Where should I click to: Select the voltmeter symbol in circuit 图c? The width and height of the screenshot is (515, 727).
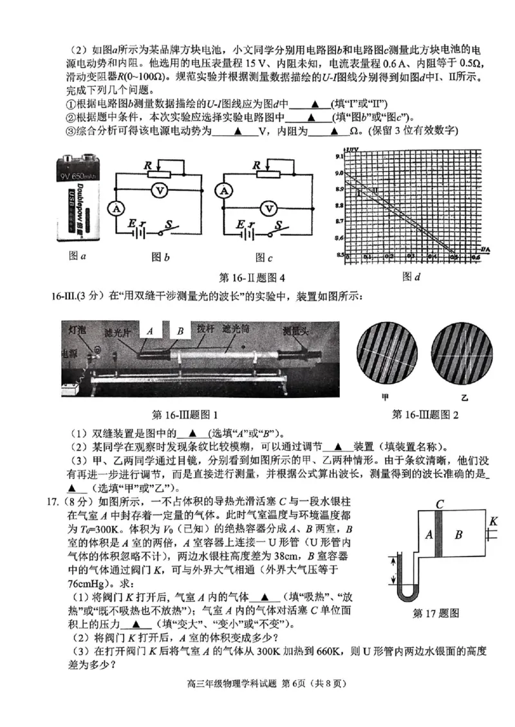pos(271,208)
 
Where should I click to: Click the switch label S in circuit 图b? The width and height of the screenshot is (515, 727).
pos(170,223)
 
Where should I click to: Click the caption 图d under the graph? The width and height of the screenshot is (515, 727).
pos(411,277)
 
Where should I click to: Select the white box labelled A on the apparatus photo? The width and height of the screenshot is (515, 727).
pos(149,330)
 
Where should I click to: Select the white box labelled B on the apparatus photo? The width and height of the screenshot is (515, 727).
pos(180,331)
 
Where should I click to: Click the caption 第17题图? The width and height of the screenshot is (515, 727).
pos(436,613)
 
